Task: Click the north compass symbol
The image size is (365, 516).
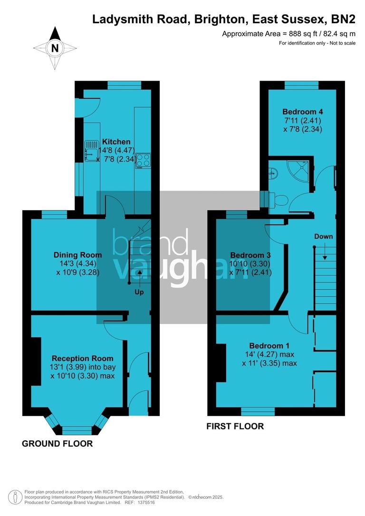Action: pos(56,48)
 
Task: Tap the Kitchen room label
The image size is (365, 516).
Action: pos(116,142)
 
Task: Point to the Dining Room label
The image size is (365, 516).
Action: pos(71,255)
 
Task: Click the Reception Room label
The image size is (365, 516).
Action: pos(82,358)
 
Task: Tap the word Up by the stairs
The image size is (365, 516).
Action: pos(139,292)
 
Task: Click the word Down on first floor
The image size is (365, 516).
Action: pos(324,236)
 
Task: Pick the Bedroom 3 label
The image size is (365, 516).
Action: pos(249,254)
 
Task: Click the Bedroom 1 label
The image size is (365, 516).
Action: pos(270,346)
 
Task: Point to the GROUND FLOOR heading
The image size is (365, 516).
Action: pos(57,444)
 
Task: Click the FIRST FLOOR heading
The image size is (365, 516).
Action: pos(235,426)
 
